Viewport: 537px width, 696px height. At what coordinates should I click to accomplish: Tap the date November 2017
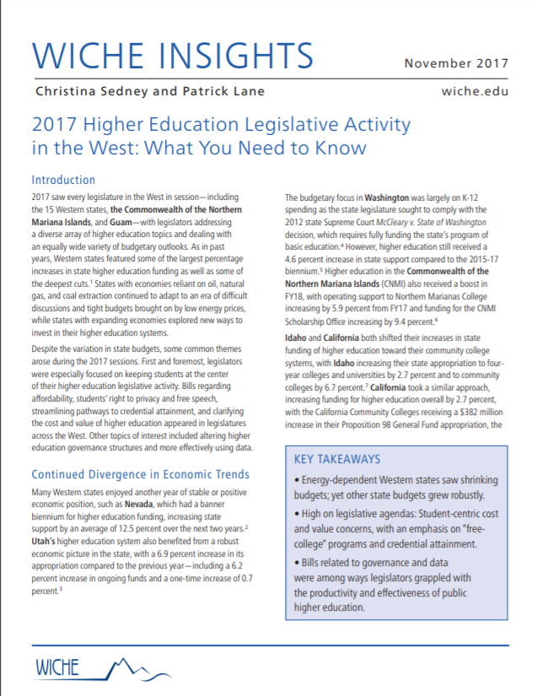pos(456,63)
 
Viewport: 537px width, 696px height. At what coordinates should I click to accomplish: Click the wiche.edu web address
pos(475,91)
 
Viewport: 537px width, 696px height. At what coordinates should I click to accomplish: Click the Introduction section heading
pos(63,180)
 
